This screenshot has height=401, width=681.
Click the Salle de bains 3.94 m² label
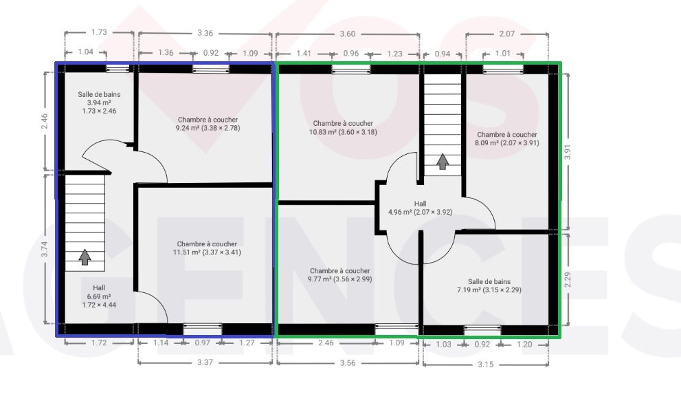(99, 102)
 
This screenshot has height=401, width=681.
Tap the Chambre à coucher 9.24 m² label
(208, 124)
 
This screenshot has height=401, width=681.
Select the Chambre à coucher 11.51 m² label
(207, 248)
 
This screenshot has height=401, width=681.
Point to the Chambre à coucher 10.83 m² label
(343, 127)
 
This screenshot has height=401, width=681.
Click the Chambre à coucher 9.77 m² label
(339, 275)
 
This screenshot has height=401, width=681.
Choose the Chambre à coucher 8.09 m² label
(507, 139)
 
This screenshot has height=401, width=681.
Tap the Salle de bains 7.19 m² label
(489, 285)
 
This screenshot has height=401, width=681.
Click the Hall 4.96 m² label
(420, 208)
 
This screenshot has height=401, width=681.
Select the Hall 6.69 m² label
(99, 296)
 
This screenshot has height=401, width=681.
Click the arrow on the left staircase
(85, 257)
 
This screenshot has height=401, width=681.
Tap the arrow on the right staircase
(442, 162)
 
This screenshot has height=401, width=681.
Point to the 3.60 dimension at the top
(348, 34)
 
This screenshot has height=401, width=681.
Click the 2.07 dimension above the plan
(507, 34)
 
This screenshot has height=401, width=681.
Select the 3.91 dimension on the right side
(567, 151)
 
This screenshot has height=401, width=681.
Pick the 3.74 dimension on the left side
(44, 249)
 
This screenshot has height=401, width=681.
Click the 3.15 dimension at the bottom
(486, 365)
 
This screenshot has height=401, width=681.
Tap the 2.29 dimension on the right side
(567, 279)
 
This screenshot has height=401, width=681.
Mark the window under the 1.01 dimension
(503, 69)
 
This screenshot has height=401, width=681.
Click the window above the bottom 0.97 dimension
(202, 329)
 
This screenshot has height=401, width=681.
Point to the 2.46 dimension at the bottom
(326, 343)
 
